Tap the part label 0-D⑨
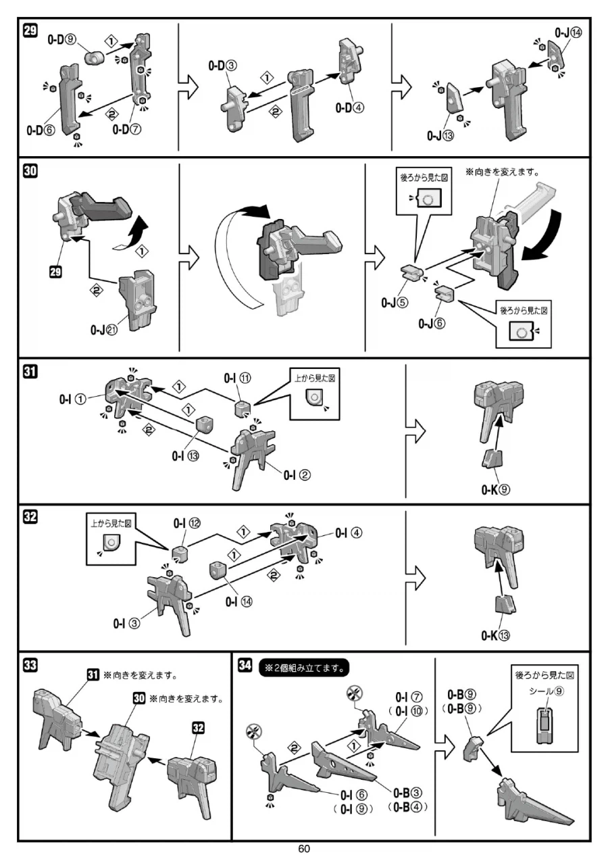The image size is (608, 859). click(60, 41)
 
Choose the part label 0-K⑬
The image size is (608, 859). click(495, 635)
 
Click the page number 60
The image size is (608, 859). click(304, 849)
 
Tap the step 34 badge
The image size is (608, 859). click(246, 666)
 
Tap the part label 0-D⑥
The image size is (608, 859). click(41, 130)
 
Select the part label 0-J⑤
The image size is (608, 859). click(397, 303)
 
